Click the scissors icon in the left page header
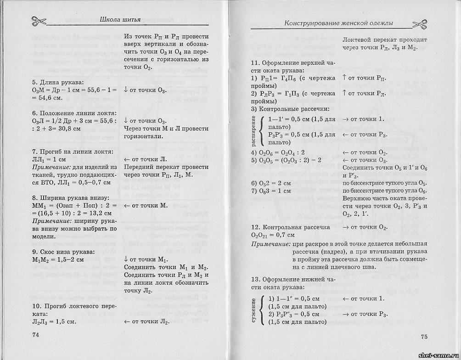click(39, 21)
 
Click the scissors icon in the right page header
click(420, 24)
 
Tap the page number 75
click(423, 337)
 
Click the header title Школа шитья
click(121, 20)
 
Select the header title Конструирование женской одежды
click(339, 23)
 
